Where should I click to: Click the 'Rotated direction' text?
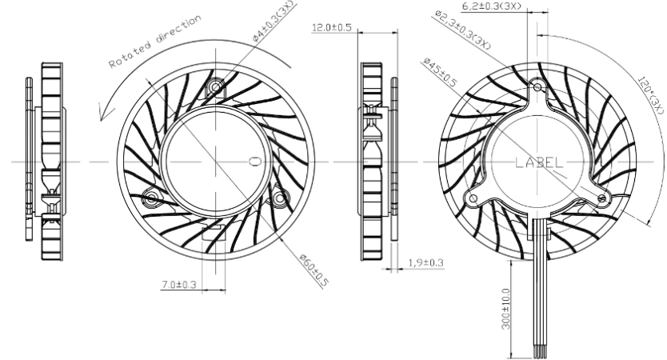155,42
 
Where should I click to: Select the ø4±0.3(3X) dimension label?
273,21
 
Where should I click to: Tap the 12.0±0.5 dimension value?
332,28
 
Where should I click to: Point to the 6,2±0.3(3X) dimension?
491,6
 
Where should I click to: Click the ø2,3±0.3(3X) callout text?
463,30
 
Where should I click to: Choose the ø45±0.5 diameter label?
440,72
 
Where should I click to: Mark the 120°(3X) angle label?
651,95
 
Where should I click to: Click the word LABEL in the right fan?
539,162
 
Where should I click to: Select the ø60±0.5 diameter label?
314,270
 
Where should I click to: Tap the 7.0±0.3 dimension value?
179,284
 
